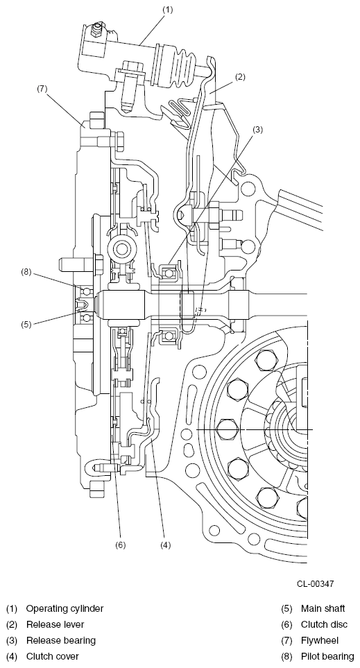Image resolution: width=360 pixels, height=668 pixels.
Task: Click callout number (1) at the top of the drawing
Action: click(x=169, y=10)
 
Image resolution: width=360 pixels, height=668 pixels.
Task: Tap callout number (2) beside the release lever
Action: click(x=240, y=77)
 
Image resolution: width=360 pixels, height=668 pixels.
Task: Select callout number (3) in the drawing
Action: click(x=257, y=130)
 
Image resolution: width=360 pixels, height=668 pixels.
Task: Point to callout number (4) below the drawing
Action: click(x=165, y=545)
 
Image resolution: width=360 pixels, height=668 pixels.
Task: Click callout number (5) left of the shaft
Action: click(x=26, y=324)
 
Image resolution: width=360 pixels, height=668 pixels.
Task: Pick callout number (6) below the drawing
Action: click(x=121, y=545)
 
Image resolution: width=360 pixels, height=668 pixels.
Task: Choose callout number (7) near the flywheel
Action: click(x=42, y=89)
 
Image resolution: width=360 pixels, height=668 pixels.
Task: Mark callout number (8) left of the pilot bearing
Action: click(x=26, y=272)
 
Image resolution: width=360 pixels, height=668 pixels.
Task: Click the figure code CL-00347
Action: click(x=316, y=583)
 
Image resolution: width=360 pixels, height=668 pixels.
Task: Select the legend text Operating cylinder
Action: click(x=65, y=609)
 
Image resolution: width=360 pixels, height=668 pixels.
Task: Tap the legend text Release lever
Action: click(x=55, y=624)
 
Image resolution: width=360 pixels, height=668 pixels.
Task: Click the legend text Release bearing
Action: click(x=61, y=640)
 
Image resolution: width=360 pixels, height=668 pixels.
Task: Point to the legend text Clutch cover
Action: click(x=53, y=656)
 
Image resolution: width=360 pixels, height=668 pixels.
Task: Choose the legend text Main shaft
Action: click(x=323, y=609)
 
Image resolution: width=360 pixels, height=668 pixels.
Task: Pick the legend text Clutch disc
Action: click(x=324, y=624)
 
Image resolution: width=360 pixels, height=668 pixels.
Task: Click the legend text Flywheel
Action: click(x=320, y=640)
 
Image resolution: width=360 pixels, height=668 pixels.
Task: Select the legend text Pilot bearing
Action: click(x=327, y=656)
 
